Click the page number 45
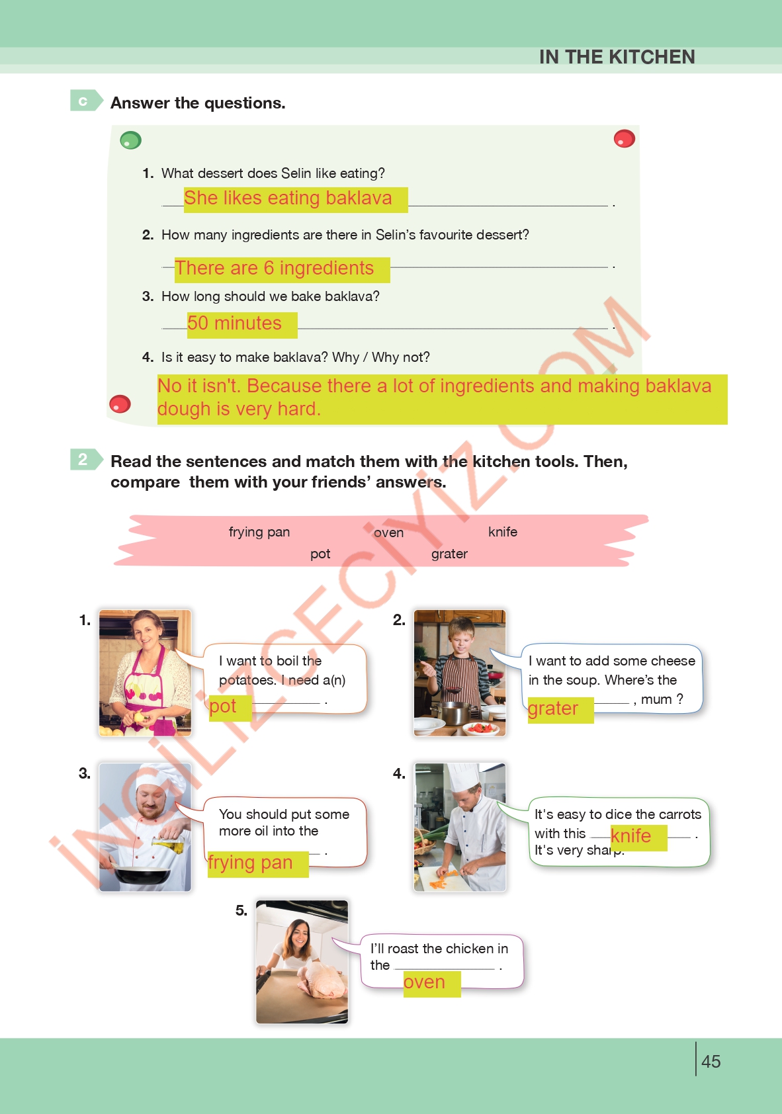coord(711,1062)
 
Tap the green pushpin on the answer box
coord(130,140)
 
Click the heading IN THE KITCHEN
coord(617,57)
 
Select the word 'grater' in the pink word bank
coord(449,554)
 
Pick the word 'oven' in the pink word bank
coord(388,533)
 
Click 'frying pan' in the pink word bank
coord(259,532)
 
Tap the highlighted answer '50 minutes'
coord(235,323)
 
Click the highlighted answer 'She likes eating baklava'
coord(288,198)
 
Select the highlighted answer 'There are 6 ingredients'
coord(275,269)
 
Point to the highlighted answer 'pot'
coord(224,707)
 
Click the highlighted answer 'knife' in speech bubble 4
coord(631,836)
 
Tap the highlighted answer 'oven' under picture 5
coord(425,982)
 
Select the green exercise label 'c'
coord(84,101)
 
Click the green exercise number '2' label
coord(84,459)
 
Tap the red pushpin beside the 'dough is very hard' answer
coord(120,404)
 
